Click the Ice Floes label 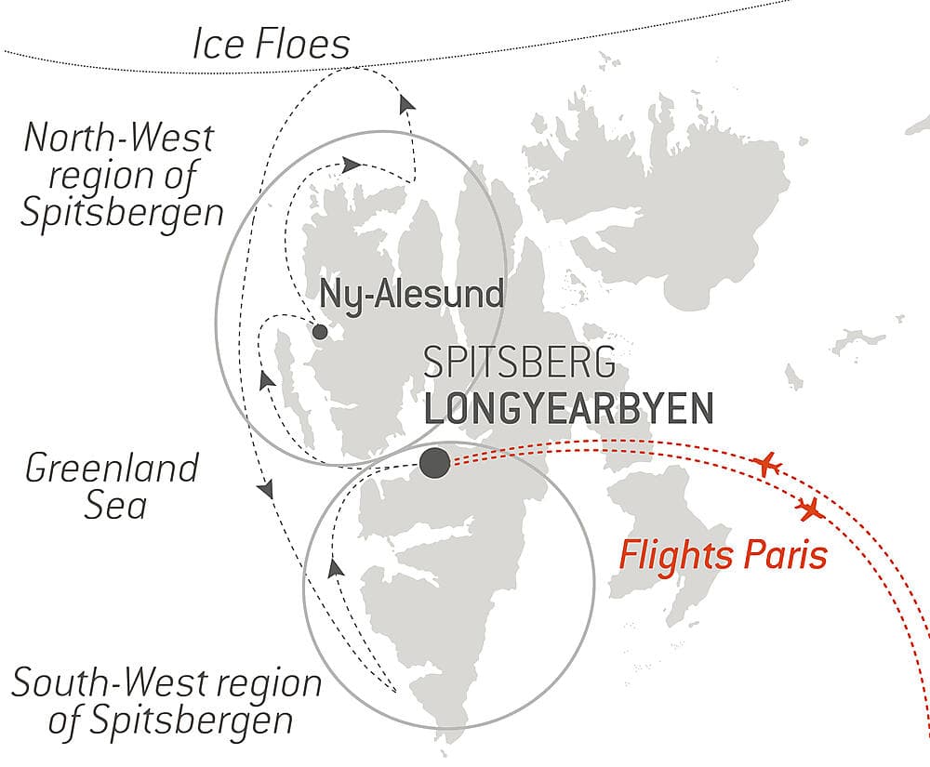point(271,45)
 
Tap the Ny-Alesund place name point(411,295)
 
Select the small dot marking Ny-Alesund point(320,332)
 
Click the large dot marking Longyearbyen point(434,462)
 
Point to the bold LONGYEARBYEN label point(568,409)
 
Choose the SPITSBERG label point(519,363)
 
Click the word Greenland point(112,468)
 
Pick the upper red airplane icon point(767,463)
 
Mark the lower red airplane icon point(811,509)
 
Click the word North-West point(119,138)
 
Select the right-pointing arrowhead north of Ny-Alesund point(351,165)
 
